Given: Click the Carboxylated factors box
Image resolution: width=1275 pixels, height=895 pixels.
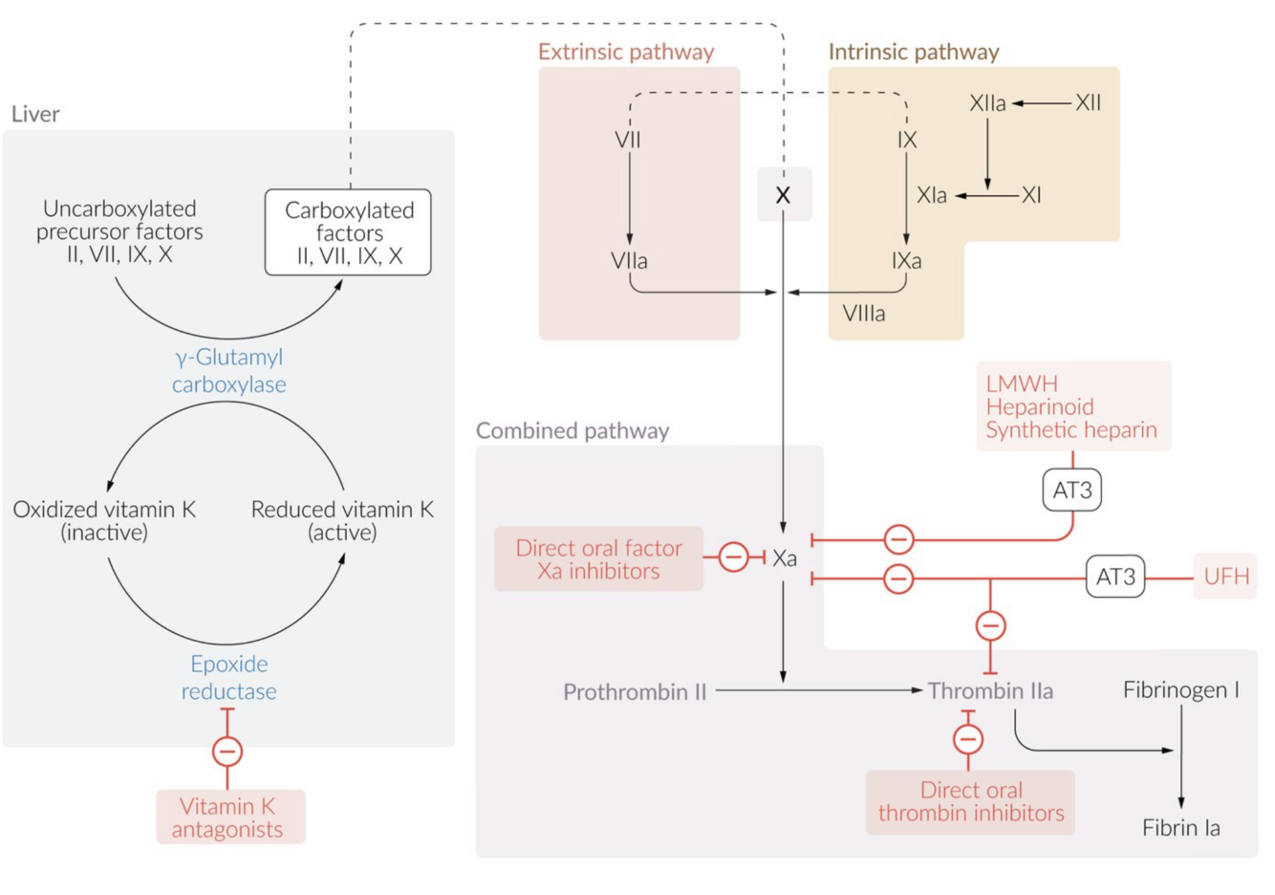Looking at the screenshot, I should (x=348, y=232).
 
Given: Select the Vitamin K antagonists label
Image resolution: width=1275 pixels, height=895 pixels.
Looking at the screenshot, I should (x=230, y=817).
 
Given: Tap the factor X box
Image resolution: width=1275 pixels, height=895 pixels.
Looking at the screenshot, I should (x=784, y=195).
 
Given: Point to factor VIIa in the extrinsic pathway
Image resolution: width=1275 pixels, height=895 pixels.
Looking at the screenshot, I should (x=629, y=260).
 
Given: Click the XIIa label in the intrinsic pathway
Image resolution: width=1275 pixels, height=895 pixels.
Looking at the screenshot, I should (x=987, y=103).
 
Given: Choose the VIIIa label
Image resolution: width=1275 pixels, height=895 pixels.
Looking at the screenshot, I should (x=864, y=314).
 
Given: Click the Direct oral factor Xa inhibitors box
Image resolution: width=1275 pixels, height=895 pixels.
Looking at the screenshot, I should (x=598, y=559).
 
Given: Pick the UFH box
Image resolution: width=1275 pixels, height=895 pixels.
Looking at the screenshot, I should (x=1225, y=578).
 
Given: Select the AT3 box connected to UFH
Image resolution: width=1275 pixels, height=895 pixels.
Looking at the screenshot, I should (x=1115, y=578).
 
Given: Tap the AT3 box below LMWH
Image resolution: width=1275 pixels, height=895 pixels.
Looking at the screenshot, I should (x=1071, y=491).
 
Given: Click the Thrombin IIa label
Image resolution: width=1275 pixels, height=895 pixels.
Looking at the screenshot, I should (x=990, y=690).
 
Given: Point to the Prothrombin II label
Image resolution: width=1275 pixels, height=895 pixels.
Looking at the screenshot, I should (x=635, y=691).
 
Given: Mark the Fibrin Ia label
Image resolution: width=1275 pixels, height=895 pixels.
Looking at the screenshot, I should (x=1180, y=828).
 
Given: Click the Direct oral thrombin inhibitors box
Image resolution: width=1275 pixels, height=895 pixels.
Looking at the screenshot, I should (x=970, y=801).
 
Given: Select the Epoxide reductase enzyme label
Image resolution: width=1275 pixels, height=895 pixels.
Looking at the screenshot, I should (x=229, y=677).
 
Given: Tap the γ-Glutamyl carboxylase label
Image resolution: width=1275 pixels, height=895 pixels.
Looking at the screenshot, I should (x=229, y=370).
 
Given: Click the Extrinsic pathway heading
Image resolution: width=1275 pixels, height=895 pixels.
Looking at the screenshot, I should (x=626, y=52).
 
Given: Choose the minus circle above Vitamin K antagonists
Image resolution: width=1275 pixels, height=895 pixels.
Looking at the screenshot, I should (x=227, y=752).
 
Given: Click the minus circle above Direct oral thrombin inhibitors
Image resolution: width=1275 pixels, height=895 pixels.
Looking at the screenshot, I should (x=968, y=739).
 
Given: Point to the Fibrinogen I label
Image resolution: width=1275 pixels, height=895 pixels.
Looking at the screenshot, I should (x=1180, y=689).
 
